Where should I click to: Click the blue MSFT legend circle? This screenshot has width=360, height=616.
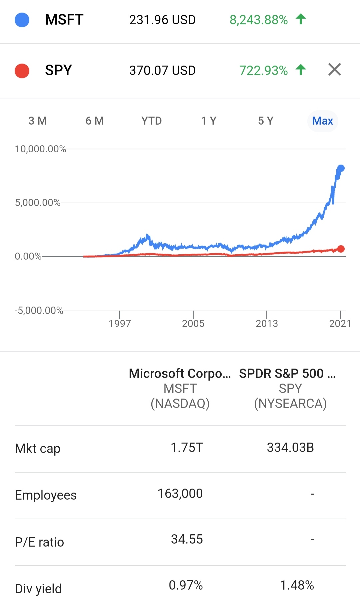[22, 20]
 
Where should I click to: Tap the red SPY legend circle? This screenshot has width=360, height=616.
[22, 71]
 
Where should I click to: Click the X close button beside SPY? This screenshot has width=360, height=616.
[335, 69]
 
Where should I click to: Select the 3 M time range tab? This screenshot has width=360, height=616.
[38, 121]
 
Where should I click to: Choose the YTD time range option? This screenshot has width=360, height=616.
[151, 121]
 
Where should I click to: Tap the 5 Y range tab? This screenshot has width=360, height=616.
[266, 121]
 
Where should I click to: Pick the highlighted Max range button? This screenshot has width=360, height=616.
[323, 121]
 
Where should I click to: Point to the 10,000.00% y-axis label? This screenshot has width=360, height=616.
[40, 149]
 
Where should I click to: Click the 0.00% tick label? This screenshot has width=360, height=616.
[28, 256]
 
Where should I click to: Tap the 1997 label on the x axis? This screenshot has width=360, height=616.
[120, 323]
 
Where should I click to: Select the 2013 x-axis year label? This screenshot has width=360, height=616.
[267, 323]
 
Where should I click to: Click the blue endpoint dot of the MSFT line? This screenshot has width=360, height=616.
[341, 168]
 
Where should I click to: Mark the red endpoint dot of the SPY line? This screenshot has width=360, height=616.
[341, 249]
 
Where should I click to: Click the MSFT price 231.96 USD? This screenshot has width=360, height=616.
[162, 20]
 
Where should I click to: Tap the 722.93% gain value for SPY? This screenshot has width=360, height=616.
[263, 71]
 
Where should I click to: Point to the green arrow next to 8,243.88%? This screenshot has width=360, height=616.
[301, 19]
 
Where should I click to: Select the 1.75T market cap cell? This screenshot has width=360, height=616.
[187, 448]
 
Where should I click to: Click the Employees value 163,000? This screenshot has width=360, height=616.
[180, 494]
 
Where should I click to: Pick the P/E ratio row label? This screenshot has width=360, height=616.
[39, 542]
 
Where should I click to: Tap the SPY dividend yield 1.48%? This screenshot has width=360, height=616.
[297, 585]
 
